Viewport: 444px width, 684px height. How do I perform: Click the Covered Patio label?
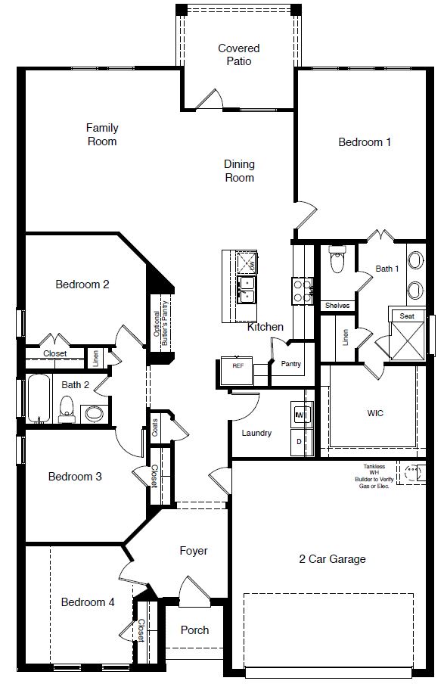click(238, 54)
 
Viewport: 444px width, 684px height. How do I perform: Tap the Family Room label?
click(102, 135)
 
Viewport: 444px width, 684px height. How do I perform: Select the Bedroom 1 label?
click(365, 141)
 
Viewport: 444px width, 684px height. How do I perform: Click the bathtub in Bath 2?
click(39, 399)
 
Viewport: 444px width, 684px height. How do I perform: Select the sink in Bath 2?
click(94, 413)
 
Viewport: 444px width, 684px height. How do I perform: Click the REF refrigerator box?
click(238, 370)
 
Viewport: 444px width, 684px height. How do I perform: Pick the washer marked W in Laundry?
click(300, 414)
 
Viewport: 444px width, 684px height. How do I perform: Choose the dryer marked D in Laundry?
click(300, 441)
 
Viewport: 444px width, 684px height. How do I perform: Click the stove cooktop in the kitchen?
click(302, 291)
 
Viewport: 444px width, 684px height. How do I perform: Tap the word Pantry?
click(291, 363)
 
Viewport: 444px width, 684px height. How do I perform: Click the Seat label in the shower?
click(407, 316)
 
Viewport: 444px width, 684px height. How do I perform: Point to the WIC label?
click(375, 412)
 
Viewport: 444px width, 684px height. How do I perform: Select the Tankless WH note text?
click(374, 476)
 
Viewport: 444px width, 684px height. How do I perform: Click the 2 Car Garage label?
click(332, 559)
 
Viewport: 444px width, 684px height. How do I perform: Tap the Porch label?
click(194, 630)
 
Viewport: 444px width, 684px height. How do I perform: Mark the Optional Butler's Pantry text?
click(160, 323)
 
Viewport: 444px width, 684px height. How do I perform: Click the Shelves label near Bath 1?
click(337, 306)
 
